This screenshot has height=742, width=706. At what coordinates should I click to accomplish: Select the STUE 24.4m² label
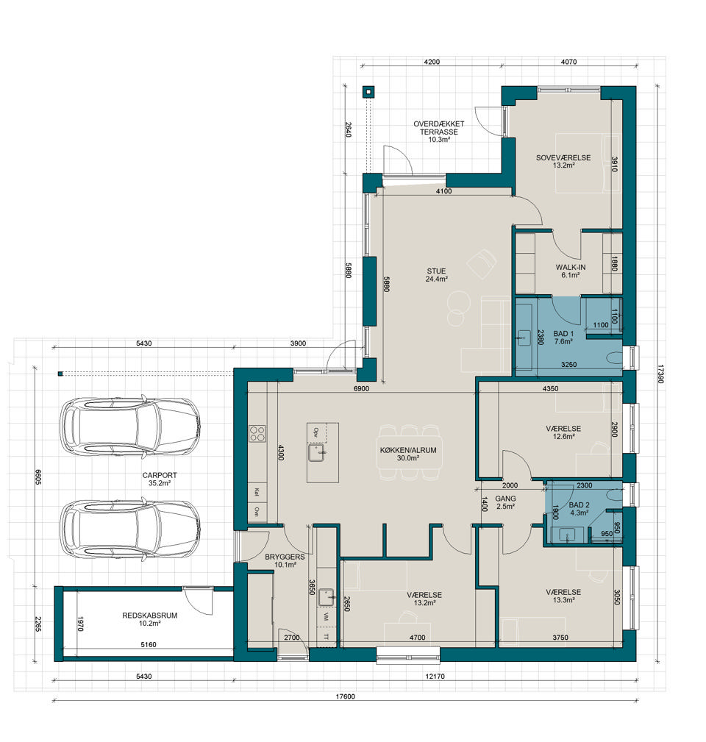coord(436,275)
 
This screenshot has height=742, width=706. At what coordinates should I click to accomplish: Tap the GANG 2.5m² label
coord(505,502)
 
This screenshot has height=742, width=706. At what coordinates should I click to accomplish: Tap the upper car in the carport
coord(130,427)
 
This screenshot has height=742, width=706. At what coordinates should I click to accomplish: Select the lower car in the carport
coord(130,528)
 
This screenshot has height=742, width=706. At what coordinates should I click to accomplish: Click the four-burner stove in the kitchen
coord(257,434)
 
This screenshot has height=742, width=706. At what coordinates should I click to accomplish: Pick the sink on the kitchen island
coord(316,453)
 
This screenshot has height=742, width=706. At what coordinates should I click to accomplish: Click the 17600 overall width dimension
coord(345,696)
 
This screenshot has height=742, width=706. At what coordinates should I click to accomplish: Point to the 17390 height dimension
coord(660,374)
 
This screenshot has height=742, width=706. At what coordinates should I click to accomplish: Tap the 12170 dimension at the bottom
coord(435,677)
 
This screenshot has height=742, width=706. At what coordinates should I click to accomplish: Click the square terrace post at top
coord(368,92)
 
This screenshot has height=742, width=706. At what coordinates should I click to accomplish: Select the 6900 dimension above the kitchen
coord(361,388)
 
